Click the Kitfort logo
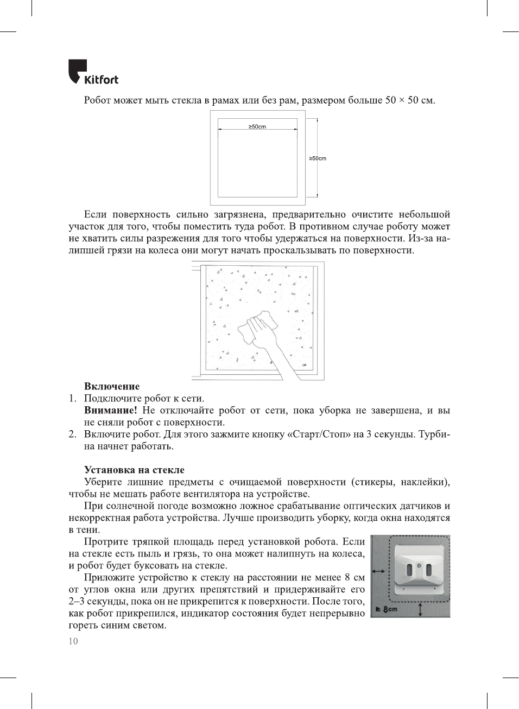pyautogui.click(x=93, y=73)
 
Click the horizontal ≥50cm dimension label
pyautogui.click(x=257, y=126)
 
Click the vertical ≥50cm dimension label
pyautogui.click(x=318, y=158)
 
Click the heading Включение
pyautogui.click(x=112, y=386)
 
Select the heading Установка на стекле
pyautogui.click(x=134, y=470)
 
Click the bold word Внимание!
pyautogui.click(x=110, y=410)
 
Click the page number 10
pyautogui.click(x=73, y=641)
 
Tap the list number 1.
pyautogui.click(x=72, y=398)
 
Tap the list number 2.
pyautogui.click(x=72, y=434)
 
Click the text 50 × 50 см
pyautogui.click(x=410, y=100)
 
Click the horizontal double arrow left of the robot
pyautogui.click(x=378, y=571)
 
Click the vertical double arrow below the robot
pyautogui.click(x=421, y=609)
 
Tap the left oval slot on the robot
pyautogui.click(x=410, y=570)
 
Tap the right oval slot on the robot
pyautogui.click(x=428, y=570)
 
